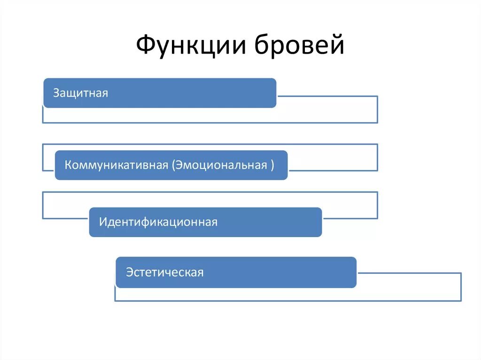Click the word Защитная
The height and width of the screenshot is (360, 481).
(80, 93)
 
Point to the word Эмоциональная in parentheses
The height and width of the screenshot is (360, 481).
(222, 165)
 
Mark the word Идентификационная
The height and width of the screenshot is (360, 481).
(158, 222)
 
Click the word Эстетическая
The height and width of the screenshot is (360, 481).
(164, 272)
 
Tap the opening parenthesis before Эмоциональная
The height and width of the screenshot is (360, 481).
(173, 165)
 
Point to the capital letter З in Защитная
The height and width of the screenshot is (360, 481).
(56, 93)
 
